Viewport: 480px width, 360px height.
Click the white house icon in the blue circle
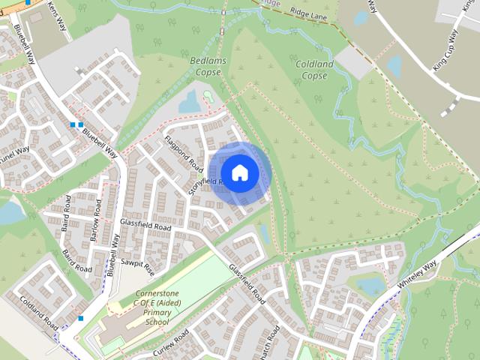click(x=239, y=172)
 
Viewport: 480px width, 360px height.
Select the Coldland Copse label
click(x=311, y=70)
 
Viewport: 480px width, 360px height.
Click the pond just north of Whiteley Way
click(x=370, y=285)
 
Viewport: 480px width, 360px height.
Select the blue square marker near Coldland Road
click(x=80, y=318)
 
